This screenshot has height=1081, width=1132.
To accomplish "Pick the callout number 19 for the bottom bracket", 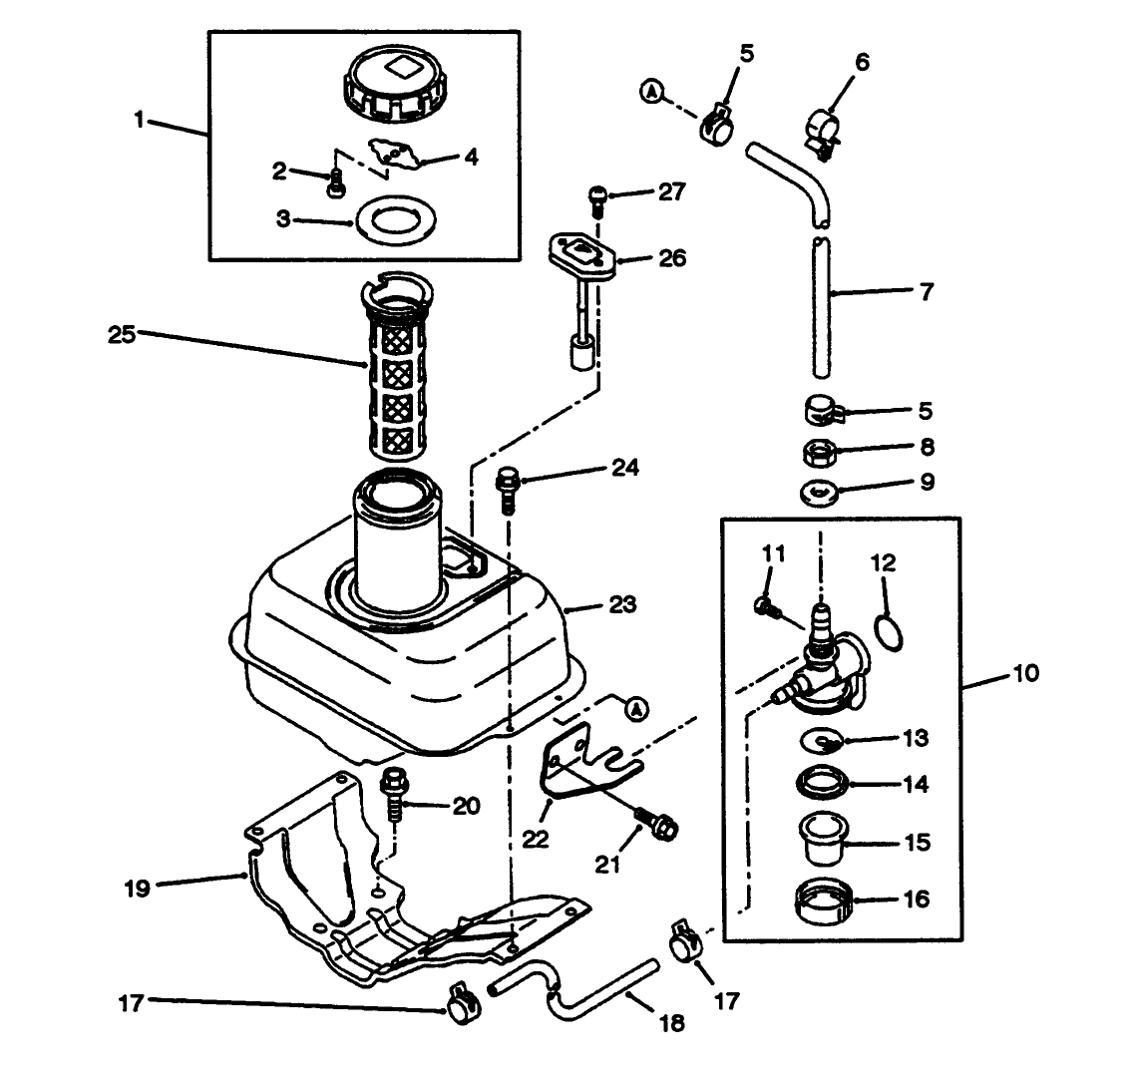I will click(x=138, y=887).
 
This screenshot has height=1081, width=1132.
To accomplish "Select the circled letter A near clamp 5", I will click(x=651, y=92).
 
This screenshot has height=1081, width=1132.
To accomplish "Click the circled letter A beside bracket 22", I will click(x=634, y=707).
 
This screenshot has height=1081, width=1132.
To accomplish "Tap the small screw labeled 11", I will click(x=766, y=607).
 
